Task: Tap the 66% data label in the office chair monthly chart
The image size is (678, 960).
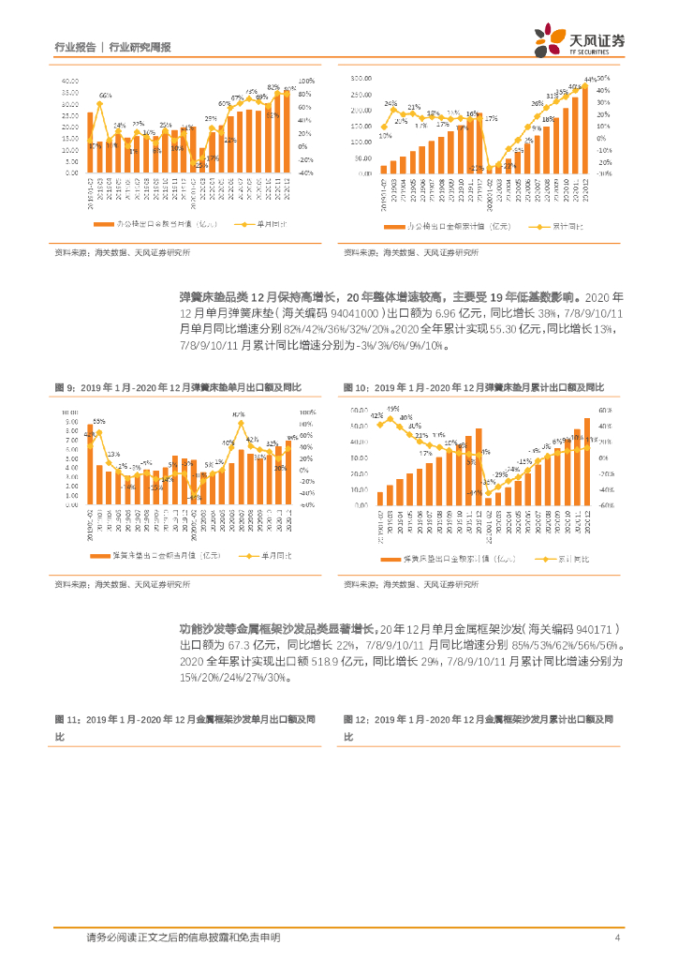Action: pos(106,96)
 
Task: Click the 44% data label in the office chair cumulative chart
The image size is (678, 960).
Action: pos(589,80)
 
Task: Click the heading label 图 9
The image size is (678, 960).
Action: pos(64,387)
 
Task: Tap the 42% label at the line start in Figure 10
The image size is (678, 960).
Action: pos(376,414)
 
